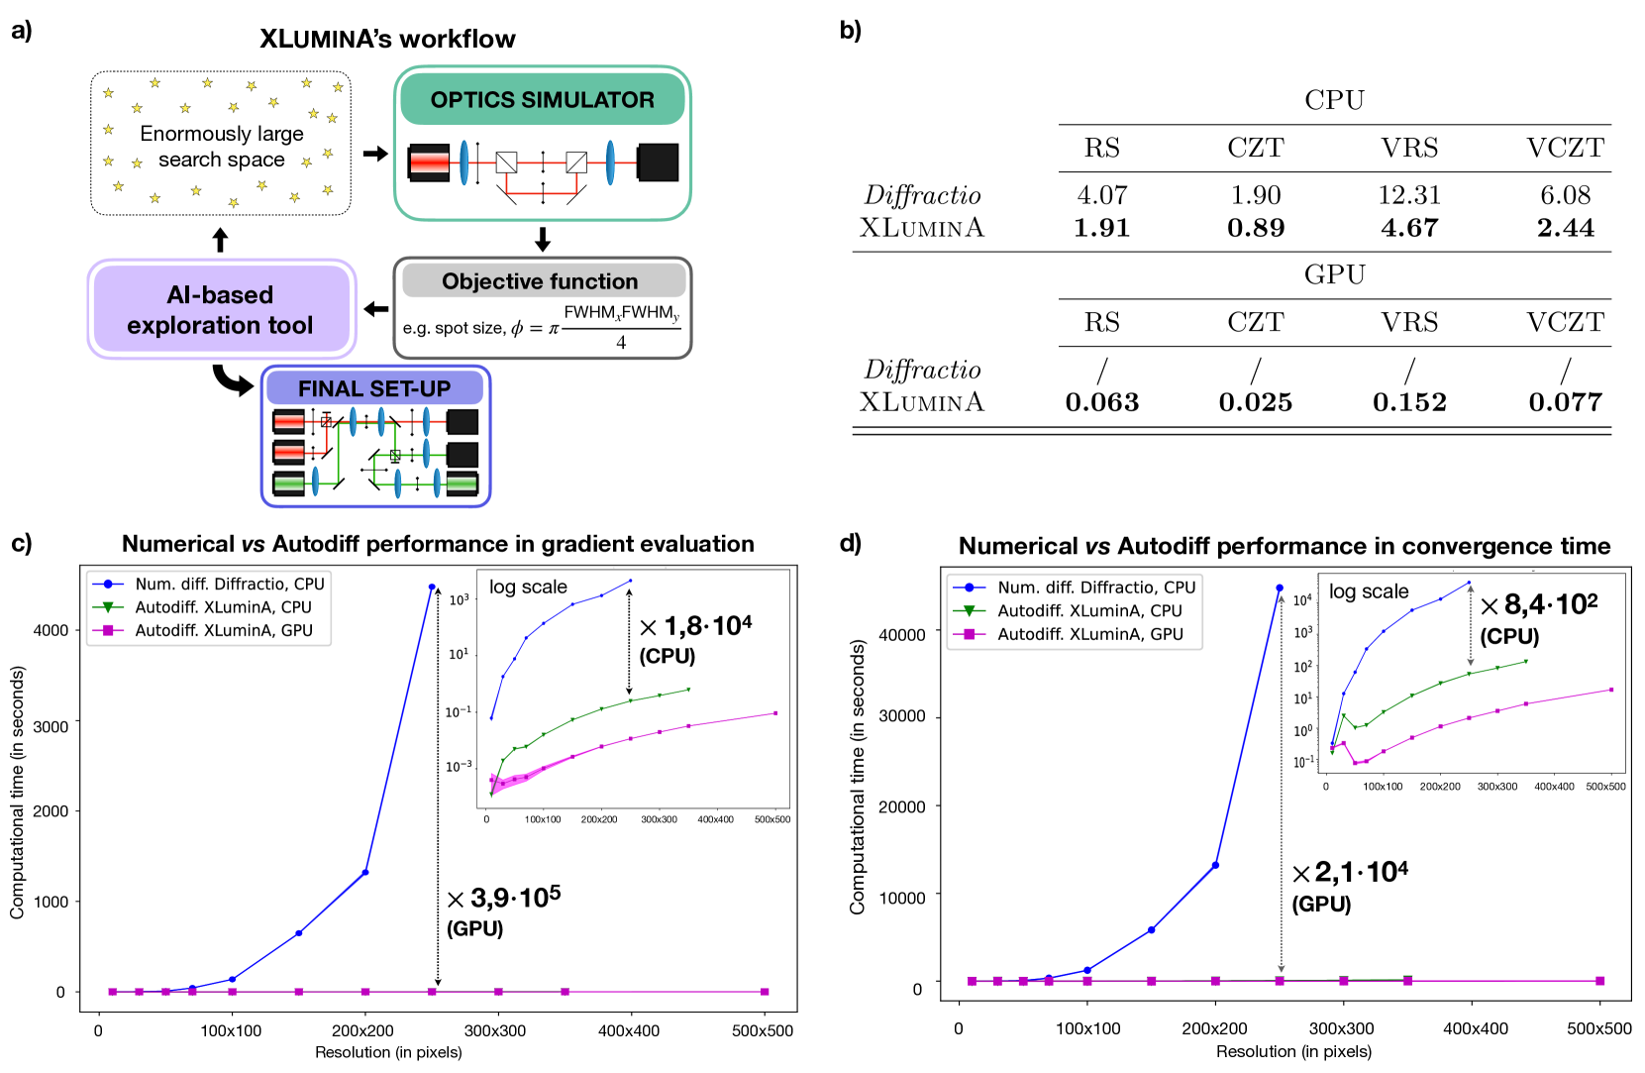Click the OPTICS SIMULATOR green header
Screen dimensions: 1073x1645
(542, 100)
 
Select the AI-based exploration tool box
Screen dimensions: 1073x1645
(220, 309)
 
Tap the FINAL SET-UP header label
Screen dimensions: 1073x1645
(374, 388)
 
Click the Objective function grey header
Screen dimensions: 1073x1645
(540, 281)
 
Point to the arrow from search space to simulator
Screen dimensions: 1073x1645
(375, 154)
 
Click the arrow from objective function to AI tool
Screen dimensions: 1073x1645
(375, 309)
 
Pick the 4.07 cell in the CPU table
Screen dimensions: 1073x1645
(1101, 195)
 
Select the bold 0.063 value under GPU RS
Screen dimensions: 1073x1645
(1101, 402)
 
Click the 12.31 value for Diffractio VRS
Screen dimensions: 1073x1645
(1408, 195)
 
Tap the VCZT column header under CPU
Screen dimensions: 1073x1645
(1564, 148)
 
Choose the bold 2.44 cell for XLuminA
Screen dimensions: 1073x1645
(1565, 228)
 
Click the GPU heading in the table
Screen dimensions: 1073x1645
(1334, 274)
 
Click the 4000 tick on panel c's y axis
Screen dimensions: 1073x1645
(51, 630)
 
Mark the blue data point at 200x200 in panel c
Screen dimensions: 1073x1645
(365, 873)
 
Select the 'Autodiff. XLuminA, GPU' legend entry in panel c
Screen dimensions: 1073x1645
(223, 630)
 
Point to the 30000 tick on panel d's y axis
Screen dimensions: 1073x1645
(902, 716)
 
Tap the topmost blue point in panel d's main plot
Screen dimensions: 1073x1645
(1280, 589)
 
